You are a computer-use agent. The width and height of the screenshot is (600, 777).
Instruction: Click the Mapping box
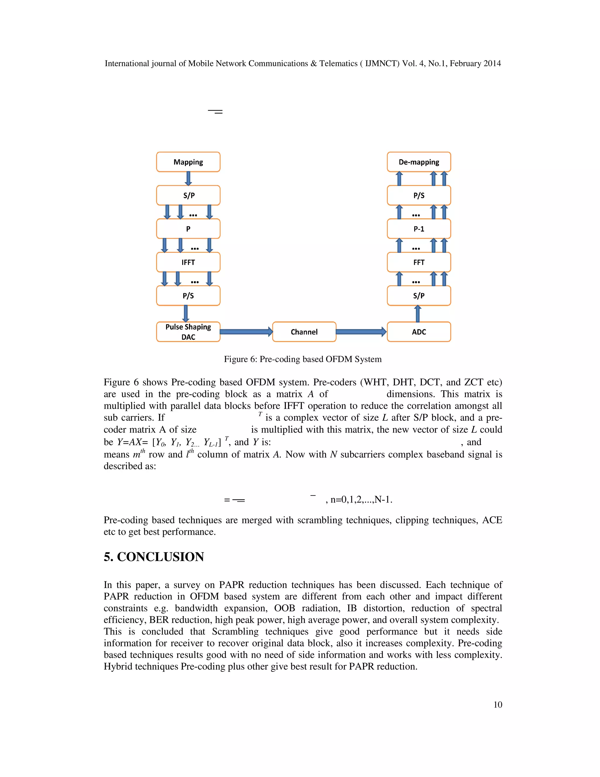(188, 162)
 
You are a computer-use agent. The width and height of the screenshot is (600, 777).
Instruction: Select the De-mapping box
(419, 162)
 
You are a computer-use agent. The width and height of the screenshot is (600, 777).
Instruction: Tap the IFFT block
(188, 262)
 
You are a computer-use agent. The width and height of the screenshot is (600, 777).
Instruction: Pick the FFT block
(419, 262)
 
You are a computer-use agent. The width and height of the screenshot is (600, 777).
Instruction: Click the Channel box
(304, 332)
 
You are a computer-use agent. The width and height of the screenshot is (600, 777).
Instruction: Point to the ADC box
(419, 332)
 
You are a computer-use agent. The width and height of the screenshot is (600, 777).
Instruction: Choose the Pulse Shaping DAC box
(188, 332)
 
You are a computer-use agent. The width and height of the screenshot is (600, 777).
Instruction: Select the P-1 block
(419, 229)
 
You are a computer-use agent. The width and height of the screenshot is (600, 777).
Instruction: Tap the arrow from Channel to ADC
(361, 332)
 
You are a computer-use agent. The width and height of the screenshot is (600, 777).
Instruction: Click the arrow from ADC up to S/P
(418, 313)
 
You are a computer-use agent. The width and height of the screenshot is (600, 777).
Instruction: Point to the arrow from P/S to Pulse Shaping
(185, 313)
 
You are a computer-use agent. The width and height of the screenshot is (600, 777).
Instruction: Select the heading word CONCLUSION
(160, 557)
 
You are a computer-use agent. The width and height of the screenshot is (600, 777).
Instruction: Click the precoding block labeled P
(188, 229)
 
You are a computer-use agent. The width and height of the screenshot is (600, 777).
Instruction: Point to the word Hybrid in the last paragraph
(118, 666)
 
